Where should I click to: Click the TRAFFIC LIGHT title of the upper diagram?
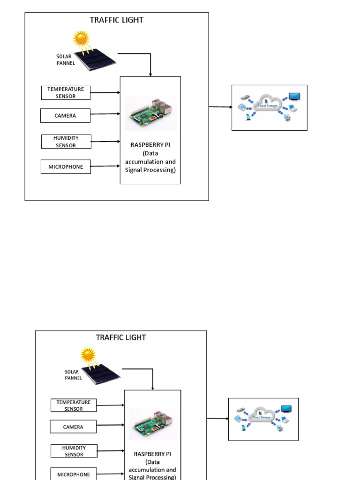tap(116, 20)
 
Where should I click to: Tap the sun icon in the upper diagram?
tap(81, 38)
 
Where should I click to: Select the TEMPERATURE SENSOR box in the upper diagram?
tap(66, 93)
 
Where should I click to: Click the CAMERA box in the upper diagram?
tap(65, 115)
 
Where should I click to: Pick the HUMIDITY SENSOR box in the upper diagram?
tap(66, 142)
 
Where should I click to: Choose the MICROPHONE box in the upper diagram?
tap(66, 166)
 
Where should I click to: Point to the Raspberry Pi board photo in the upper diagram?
tap(150, 113)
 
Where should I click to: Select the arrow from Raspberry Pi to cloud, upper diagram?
tap(220, 107)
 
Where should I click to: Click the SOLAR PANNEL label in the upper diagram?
tap(65, 60)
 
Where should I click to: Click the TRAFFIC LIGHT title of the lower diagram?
tap(120, 337)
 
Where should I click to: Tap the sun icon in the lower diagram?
tap(88, 354)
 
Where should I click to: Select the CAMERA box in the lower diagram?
tap(73, 427)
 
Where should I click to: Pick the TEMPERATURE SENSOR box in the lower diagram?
tap(74, 405)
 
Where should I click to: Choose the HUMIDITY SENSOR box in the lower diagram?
tap(74, 451)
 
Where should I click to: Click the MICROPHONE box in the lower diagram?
tap(74, 474)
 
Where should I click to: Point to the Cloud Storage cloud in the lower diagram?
tap(262, 415)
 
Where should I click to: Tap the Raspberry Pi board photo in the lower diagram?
tap(152, 424)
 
